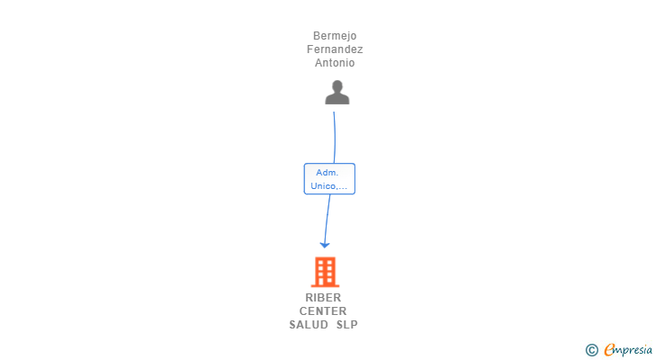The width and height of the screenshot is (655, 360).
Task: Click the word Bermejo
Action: (335, 36)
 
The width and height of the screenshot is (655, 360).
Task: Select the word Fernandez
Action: (335, 49)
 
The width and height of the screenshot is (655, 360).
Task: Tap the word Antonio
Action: (335, 63)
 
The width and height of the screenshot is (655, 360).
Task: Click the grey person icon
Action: (337, 93)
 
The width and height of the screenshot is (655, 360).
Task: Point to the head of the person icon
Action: (337, 86)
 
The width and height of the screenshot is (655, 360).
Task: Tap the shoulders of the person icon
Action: (337, 99)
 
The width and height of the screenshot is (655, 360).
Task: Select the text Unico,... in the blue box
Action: (329, 186)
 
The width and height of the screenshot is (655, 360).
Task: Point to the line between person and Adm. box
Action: (335, 137)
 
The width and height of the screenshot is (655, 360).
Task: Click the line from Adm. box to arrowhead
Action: (327, 218)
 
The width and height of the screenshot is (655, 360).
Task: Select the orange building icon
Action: (325, 271)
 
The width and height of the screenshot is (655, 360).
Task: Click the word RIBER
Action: (323, 298)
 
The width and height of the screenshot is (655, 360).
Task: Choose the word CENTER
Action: (323, 311)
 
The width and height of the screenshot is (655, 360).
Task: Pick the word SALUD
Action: (310, 325)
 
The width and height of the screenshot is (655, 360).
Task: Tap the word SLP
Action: (346, 325)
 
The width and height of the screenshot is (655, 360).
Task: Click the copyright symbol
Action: (592, 350)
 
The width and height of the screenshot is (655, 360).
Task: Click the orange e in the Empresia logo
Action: (609, 349)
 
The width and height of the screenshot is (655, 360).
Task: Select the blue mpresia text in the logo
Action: (633, 350)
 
